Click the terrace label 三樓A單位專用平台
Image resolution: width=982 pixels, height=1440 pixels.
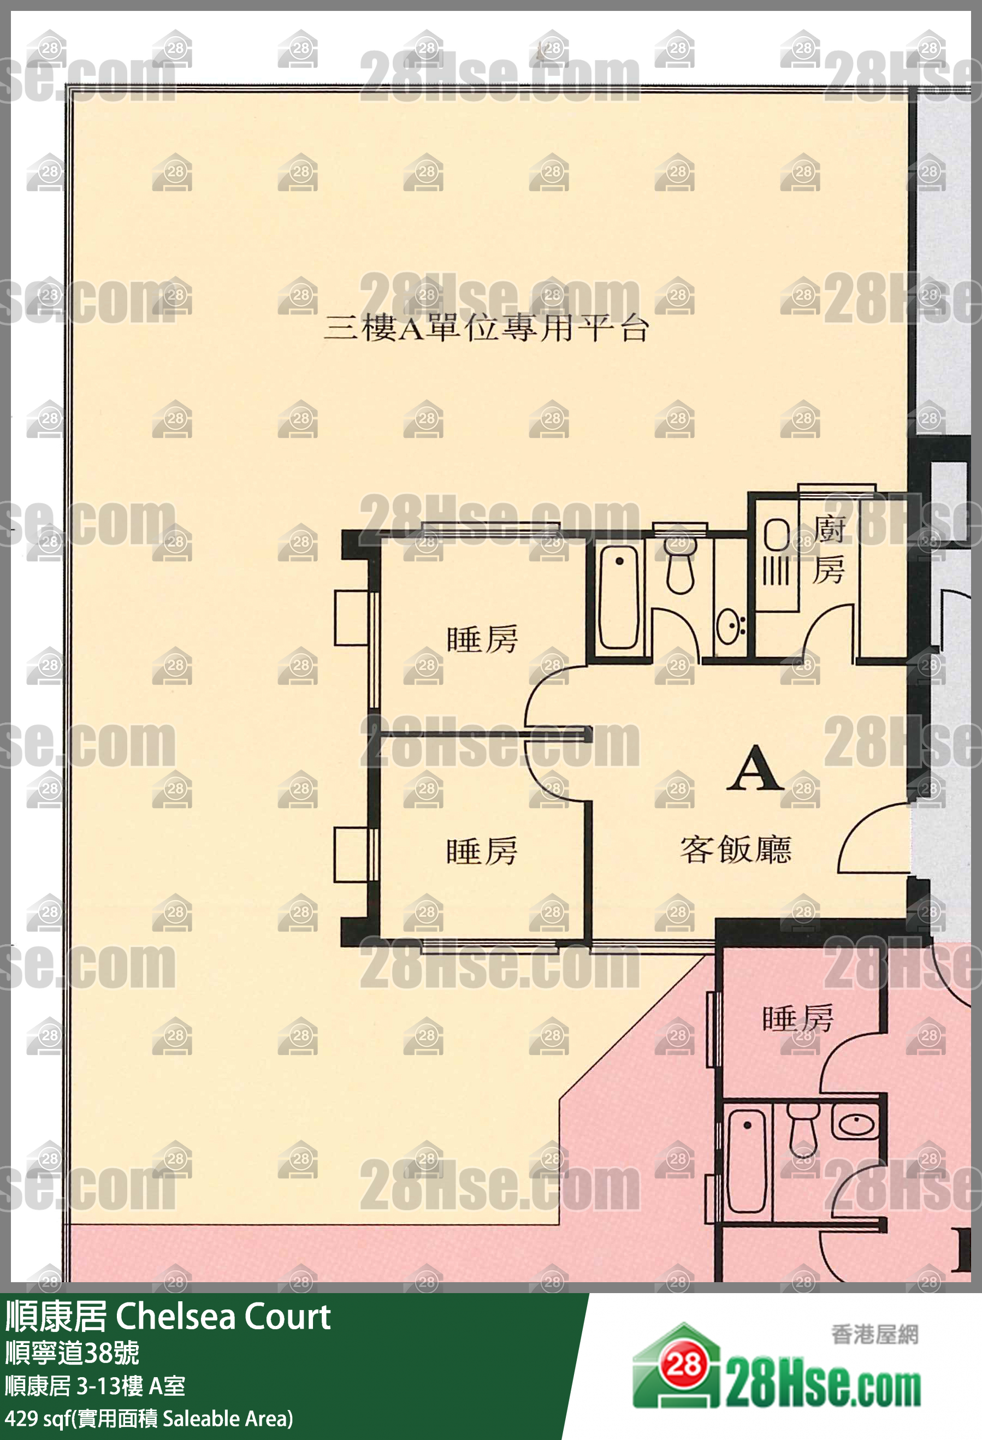click(x=486, y=328)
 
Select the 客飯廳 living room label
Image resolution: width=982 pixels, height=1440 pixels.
click(x=736, y=850)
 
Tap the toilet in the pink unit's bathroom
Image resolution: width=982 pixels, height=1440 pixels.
click(x=803, y=1128)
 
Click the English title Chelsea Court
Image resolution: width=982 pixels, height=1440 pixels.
click(x=223, y=1317)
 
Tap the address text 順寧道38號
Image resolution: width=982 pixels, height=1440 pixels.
click(x=73, y=1353)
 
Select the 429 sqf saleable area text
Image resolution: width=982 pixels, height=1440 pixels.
click(x=149, y=1418)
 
